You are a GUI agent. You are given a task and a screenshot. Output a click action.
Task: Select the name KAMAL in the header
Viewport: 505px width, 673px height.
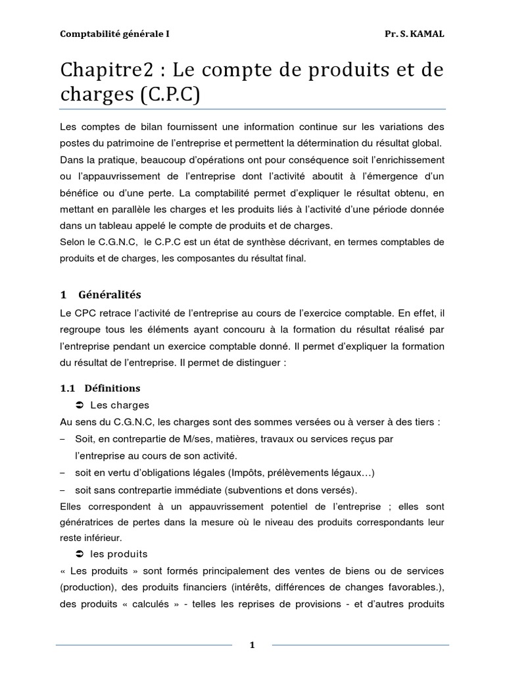click(x=427, y=34)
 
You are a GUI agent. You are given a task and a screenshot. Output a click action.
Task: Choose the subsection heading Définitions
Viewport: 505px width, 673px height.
click(x=112, y=388)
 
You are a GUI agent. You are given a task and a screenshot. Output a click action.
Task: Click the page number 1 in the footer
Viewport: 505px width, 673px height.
click(x=252, y=645)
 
